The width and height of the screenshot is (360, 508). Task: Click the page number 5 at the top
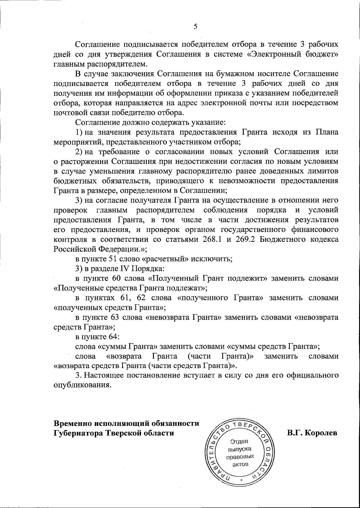195,27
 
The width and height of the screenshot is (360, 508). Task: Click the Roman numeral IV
125,269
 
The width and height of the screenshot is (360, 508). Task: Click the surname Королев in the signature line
321,433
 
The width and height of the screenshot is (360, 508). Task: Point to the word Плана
327,132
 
